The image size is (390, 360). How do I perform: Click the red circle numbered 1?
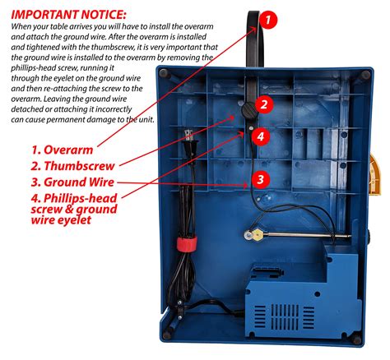pyautogui.click(x=267, y=20)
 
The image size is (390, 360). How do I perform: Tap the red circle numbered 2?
pyautogui.click(x=264, y=104)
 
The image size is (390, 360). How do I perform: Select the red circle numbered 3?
pyautogui.click(x=260, y=179)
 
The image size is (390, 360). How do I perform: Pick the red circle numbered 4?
pyautogui.click(x=260, y=136)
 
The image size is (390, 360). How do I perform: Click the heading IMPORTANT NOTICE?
pyautogui.click(x=68, y=15)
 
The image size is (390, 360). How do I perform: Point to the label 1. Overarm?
pyautogui.click(x=62, y=150)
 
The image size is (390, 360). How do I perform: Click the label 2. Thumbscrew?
pyautogui.click(x=72, y=166)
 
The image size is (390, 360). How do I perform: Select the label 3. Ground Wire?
pyautogui.click(x=72, y=182)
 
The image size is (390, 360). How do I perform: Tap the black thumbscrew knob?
pyautogui.click(x=249, y=110)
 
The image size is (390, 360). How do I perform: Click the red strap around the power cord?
pyautogui.click(x=187, y=244)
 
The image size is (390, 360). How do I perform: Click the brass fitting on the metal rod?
pyautogui.click(x=258, y=234)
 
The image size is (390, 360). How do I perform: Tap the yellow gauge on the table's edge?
pyautogui.click(x=375, y=175)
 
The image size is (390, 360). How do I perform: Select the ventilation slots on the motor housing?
pyautogui.click(x=285, y=317)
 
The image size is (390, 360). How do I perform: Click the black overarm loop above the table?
pyautogui.click(x=255, y=39)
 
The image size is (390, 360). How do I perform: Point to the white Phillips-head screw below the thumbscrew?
pyautogui.click(x=250, y=128)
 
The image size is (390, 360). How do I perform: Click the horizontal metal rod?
pyautogui.click(x=303, y=235)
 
